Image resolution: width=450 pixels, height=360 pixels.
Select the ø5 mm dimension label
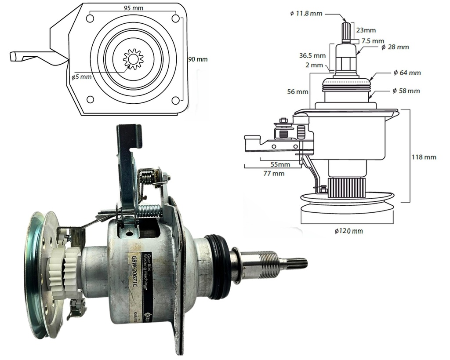82,76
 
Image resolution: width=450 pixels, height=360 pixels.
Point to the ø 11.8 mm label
306,14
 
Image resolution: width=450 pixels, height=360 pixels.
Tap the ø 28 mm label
395,47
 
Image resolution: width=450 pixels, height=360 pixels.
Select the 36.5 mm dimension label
312,55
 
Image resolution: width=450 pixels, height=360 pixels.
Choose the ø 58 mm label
406,91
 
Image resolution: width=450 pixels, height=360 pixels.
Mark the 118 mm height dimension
424,157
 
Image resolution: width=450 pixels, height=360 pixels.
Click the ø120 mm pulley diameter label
348,231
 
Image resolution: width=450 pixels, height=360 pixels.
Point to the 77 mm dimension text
274,173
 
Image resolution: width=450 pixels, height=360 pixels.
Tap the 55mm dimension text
279,164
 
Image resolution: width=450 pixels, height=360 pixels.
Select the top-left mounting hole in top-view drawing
90,19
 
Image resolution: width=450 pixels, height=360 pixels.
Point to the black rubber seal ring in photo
218,265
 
